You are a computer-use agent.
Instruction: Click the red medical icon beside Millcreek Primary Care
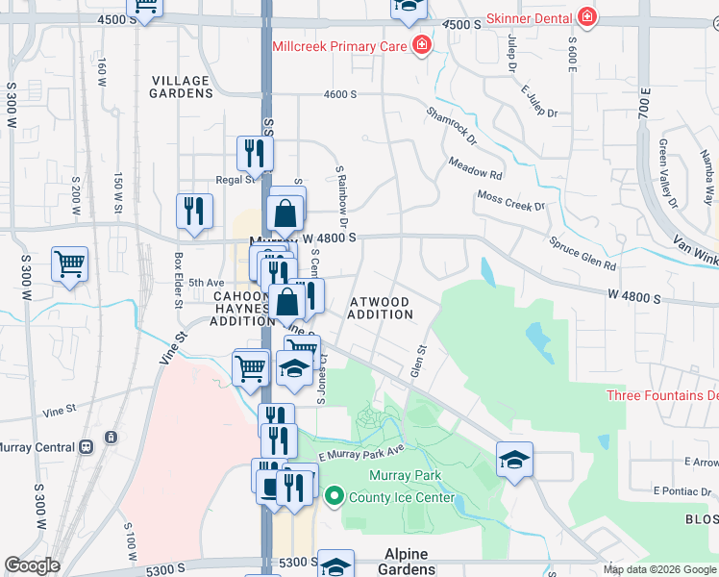click(420, 45)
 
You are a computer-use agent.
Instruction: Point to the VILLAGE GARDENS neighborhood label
click(181, 87)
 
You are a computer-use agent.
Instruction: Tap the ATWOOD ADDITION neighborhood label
click(380, 308)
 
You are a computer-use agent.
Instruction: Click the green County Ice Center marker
click(335, 497)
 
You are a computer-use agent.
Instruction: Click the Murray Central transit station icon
click(87, 447)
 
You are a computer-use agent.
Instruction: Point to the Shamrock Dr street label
click(452, 126)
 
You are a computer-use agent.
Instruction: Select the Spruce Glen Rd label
click(583, 251)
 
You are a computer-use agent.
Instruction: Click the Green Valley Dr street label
click(668, 172)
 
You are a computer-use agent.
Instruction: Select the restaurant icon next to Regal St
click(255, 152)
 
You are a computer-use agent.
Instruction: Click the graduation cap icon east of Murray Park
click(515, 460)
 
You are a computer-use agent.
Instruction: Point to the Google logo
click(32, 565)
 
